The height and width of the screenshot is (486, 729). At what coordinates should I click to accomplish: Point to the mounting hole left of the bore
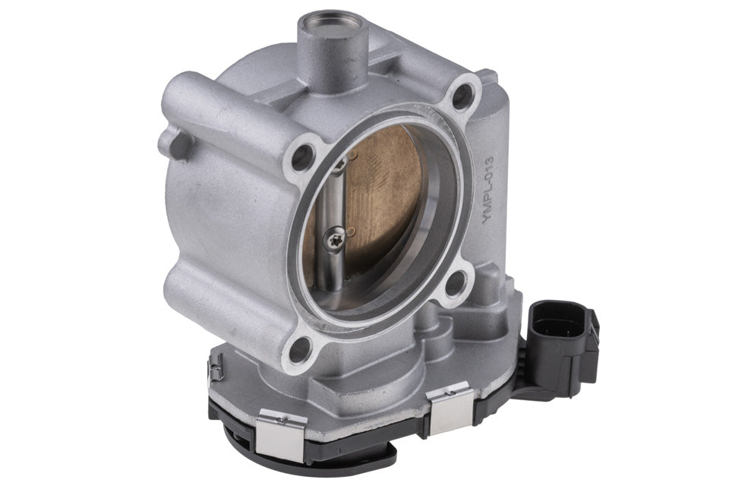(301, 156)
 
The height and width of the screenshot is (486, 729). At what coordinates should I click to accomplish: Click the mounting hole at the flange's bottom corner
(300, 349)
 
